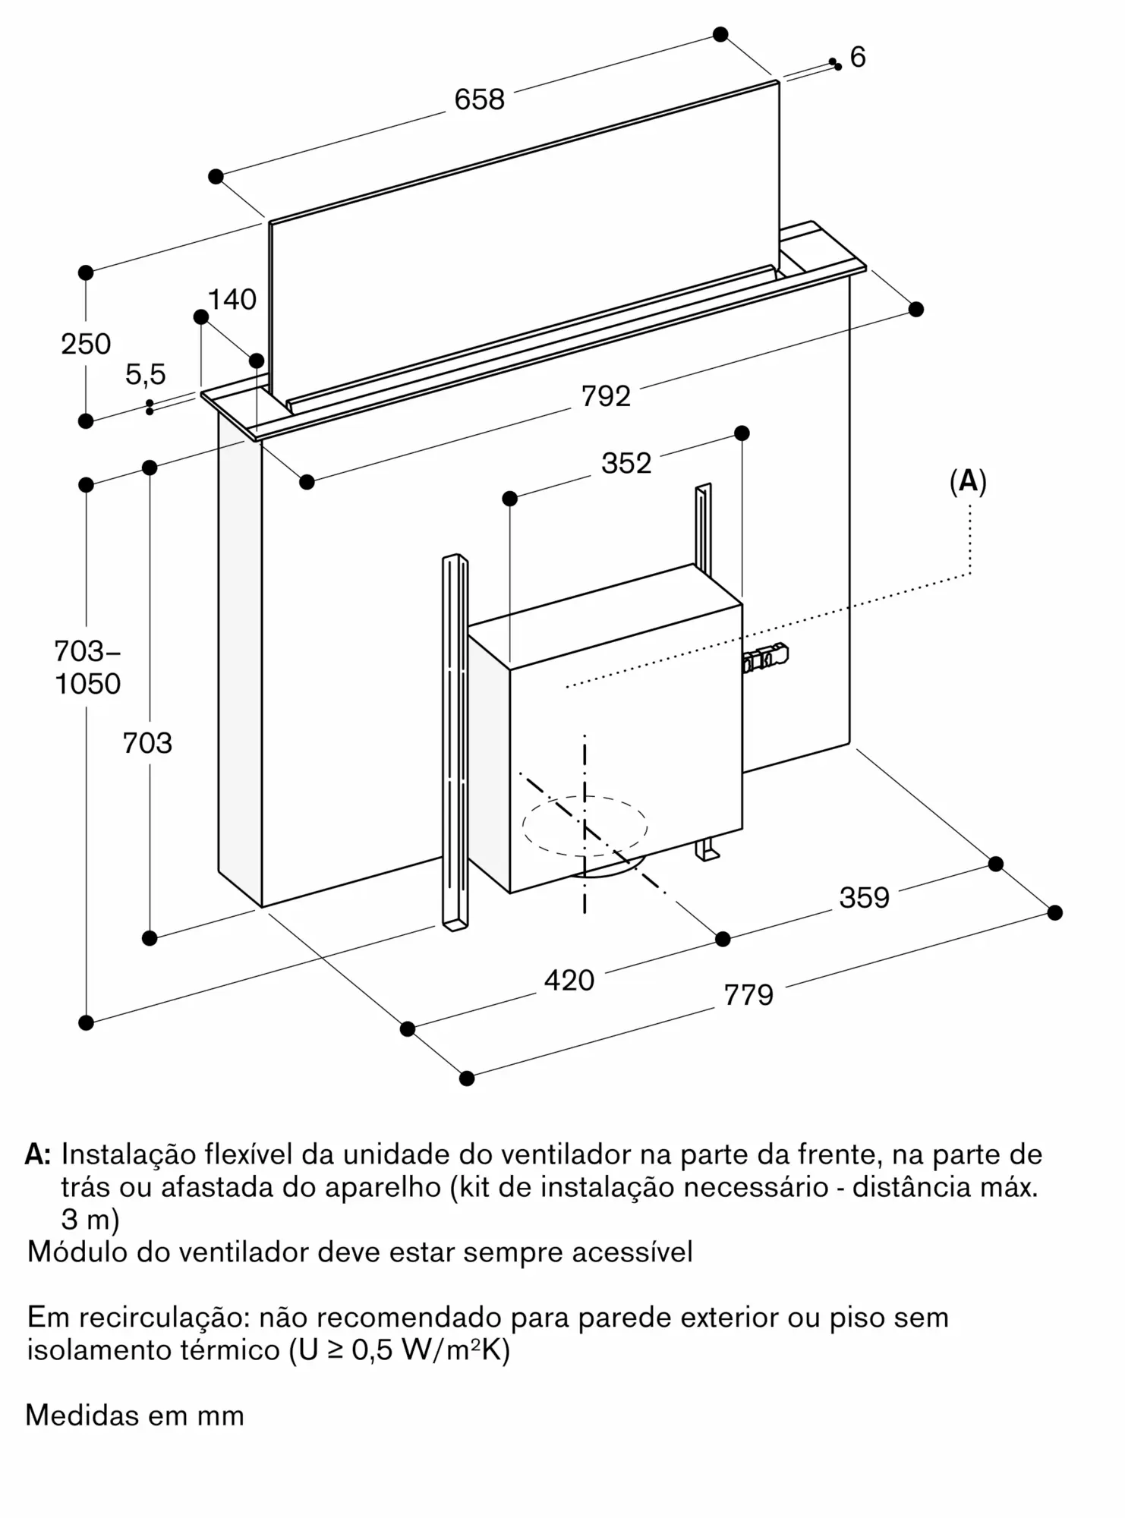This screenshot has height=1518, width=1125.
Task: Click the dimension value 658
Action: [479, 99]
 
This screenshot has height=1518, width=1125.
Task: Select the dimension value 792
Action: [606, 396]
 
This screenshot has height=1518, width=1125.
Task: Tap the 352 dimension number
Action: [626, 463]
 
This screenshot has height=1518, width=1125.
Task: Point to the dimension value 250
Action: [86, 345]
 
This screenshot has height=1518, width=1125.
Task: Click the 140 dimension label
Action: [232, 300]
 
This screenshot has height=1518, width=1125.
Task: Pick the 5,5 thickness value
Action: [145, 374]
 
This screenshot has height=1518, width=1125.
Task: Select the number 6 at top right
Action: [858, 58]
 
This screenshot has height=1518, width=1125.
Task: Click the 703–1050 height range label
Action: [87, 668]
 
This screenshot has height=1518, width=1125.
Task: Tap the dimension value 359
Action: [864, 898]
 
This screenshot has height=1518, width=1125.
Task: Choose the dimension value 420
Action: [569, 981]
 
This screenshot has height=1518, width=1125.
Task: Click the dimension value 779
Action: [748, 995]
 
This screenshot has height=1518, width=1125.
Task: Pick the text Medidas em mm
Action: [134, 1416]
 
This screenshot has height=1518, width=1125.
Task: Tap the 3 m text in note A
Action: [90, 1220]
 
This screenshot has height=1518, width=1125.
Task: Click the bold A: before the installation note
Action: [38, 1155]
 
